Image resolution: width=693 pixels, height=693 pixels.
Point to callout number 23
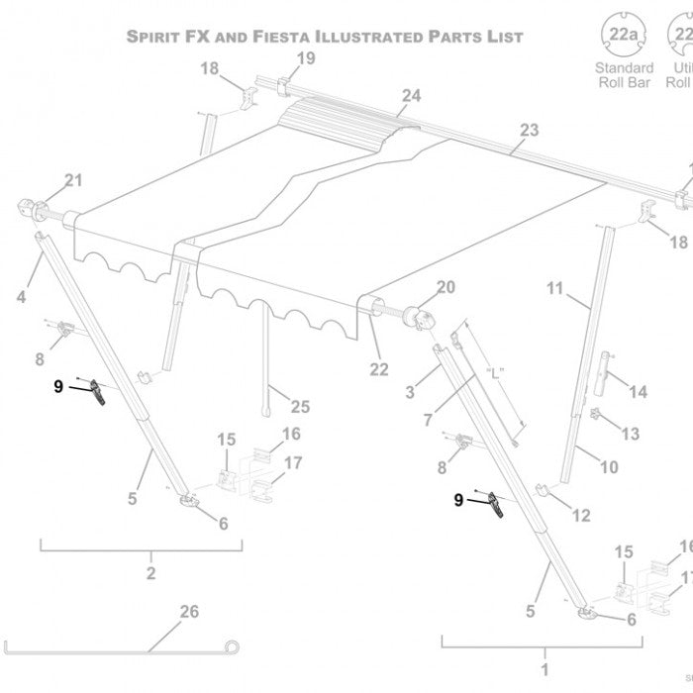point(529,130)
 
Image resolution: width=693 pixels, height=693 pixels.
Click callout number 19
point(305,58)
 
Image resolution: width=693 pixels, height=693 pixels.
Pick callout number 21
point(74,179)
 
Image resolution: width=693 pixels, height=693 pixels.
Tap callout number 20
point(445,287)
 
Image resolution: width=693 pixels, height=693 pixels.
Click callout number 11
point(554,289)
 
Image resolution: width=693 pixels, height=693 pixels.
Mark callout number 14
point(638,392)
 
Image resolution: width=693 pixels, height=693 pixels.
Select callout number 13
point(630,434)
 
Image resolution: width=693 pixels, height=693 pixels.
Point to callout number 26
point(188,612)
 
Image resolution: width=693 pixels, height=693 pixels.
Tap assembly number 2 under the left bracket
point(150,573)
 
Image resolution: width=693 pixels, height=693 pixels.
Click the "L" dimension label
point(493,373)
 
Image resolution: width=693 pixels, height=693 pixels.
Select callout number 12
point(581,515)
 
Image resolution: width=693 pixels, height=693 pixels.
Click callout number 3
point(409,394)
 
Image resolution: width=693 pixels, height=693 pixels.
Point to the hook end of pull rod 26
point(233,646)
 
